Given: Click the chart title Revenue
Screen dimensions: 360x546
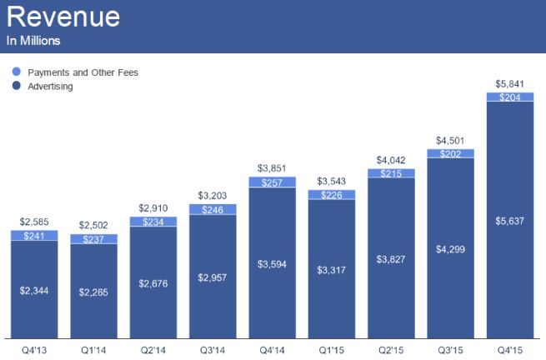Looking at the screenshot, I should [63, 17].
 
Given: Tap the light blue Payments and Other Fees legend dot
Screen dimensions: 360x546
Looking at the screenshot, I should [15, 72].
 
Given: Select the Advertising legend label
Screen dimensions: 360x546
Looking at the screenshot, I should [51, 86].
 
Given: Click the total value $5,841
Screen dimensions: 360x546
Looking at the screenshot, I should [510, 82].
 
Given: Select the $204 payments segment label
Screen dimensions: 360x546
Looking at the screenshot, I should [510, 97].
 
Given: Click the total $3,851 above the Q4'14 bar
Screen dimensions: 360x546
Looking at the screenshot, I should [272, 168].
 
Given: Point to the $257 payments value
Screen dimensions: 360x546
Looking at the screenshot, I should [272, 182].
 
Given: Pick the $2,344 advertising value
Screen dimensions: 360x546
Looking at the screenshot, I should [34, 290].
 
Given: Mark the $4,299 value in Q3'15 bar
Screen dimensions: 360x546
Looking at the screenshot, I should [451, 248].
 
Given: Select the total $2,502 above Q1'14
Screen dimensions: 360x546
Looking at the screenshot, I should [93, 225].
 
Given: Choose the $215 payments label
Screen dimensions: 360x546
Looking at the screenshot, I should [391, 173].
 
